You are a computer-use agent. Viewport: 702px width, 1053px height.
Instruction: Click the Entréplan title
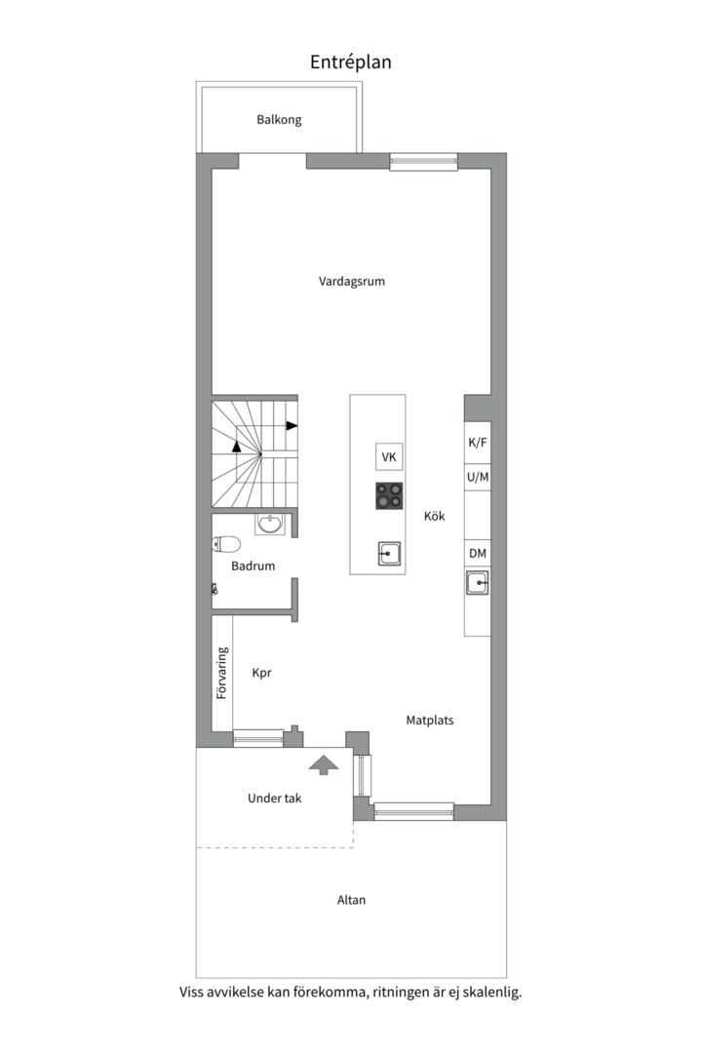(351, 62)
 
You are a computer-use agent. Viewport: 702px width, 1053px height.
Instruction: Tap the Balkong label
(279, 120)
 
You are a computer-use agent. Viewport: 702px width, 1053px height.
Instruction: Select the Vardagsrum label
(352, 282)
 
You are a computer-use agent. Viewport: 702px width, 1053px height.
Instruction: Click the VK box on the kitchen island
(389, 457)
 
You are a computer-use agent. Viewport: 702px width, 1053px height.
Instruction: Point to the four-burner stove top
(389, 495)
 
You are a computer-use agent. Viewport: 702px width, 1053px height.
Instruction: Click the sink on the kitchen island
(389, 554)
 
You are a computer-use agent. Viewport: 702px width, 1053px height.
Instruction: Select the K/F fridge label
(478, 443)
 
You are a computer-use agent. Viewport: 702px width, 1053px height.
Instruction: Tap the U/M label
(478, 478)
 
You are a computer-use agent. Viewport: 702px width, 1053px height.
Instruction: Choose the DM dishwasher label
(478, 554)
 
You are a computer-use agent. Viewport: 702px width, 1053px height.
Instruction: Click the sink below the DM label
(478, 582)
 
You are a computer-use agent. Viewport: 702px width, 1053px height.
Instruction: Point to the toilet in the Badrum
(226, 543)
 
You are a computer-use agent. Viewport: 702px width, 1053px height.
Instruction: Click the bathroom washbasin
(271, 524)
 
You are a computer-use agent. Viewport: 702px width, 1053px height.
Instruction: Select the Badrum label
(253, 566)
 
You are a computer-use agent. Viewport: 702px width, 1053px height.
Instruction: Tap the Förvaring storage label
(222, 673)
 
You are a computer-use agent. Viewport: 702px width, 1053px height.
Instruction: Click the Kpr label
(261, 673)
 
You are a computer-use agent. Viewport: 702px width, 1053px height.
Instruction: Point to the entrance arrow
(324, 764)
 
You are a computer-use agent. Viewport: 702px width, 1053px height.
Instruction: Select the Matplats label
(430, 721)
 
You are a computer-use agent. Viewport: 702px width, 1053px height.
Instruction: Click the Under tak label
(275, 799)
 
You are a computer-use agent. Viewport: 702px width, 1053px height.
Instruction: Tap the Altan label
(351, 900)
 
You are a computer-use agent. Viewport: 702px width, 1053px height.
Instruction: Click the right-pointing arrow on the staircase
(292, 426)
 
